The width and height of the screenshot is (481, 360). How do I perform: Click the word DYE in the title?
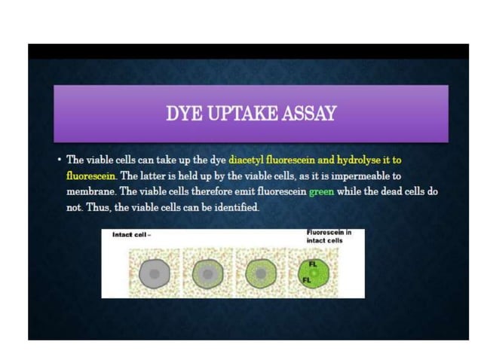[182, 114]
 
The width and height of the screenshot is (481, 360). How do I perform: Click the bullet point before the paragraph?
[58, 160]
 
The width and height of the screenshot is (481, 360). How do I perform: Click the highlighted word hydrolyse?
[361, 160]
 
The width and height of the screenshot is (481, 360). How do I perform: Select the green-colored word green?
[321, 191]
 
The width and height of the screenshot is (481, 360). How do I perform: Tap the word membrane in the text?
[91, 191]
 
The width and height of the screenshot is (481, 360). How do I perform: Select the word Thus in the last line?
[101, 207]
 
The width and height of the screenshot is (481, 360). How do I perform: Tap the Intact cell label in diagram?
[132, 235]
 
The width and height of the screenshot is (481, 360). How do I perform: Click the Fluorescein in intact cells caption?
[329, 236]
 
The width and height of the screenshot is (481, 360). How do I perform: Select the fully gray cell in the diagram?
[155, 273]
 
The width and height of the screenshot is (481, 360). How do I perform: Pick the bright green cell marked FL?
[315, 273]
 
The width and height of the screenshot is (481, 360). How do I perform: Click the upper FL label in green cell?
[313, 264]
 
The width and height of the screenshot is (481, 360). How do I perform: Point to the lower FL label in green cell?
[307, 279]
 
